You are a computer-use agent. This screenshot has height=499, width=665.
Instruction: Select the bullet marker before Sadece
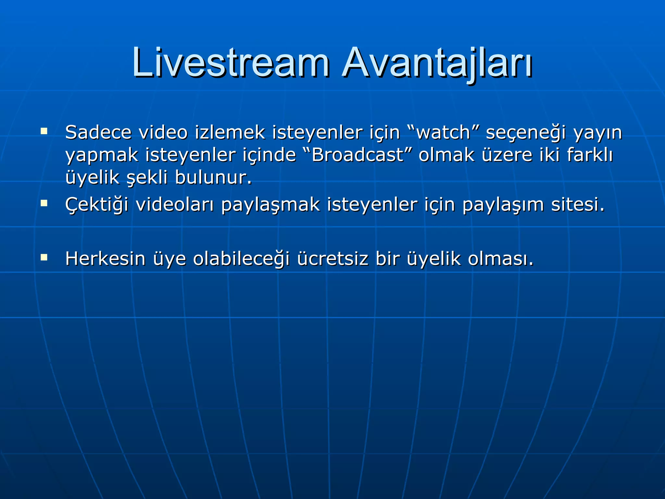coord(44,132)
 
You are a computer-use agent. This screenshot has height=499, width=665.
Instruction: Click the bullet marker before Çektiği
coord(44,204)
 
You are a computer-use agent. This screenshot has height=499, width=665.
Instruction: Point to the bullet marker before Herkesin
coord(44,258)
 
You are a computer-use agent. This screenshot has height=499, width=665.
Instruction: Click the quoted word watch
coord(443,133)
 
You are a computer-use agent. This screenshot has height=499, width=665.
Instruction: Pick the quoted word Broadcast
coord(357,155)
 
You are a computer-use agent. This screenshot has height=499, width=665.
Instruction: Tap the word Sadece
coord(98,133)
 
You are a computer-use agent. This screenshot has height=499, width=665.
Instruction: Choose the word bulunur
coord(213,178)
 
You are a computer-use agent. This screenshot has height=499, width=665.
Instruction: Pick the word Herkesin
coord(105,259)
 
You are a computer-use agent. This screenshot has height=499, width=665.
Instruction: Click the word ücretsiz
coord(332,259)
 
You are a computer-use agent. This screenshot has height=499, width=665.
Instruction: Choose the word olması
coord(500,259)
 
